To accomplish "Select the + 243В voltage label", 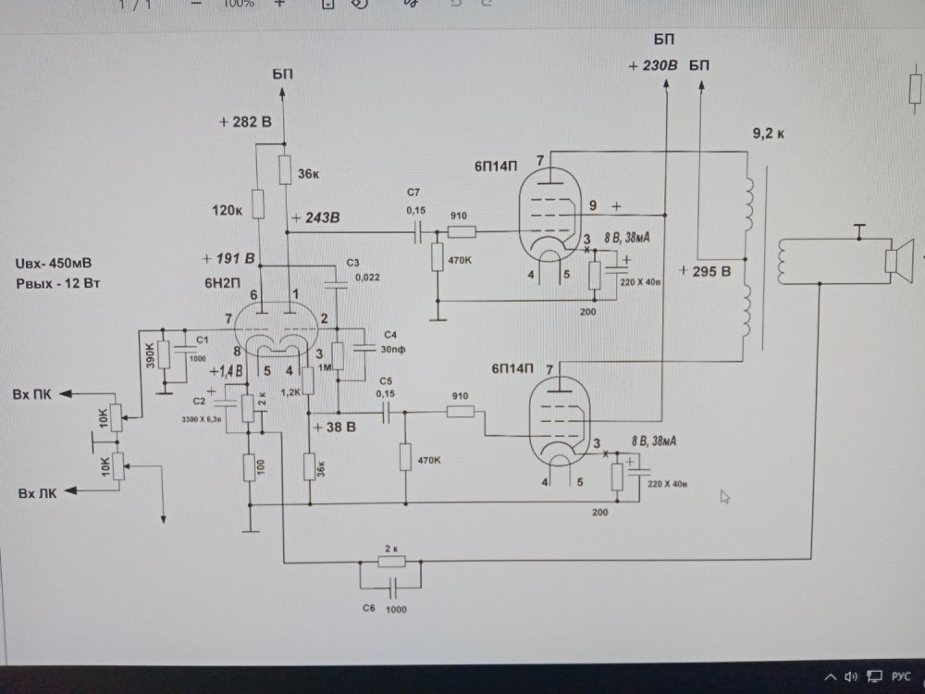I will [x=315, y=218].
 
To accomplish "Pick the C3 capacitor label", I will [x=352, y=263].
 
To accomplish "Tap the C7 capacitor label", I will [x=413, y=192].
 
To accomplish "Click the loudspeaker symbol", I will [x=897, y=256].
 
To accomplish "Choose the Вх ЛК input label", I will [x=35, y=493].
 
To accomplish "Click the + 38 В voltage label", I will [x=336, y=428].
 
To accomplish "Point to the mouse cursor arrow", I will [x=725, y=497].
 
